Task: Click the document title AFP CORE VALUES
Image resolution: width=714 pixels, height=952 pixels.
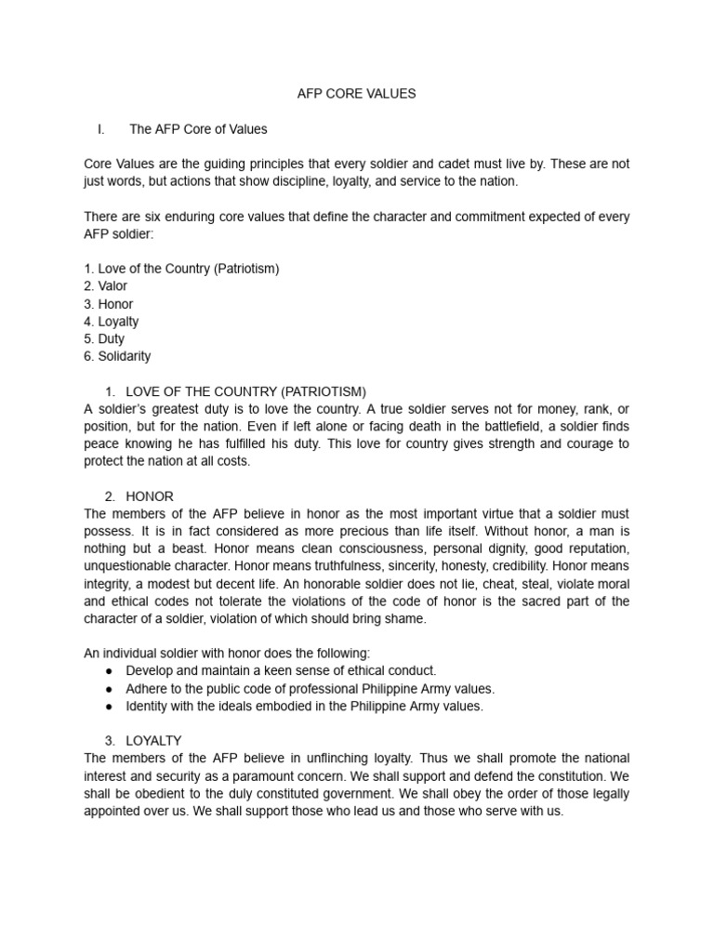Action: [x=357, y=94]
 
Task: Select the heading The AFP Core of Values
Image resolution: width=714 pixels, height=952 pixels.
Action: [x=198, y=129]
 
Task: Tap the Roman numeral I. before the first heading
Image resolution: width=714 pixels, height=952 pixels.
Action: [x=100, y=129]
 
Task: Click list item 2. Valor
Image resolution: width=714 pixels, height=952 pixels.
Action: [x=106, y=286]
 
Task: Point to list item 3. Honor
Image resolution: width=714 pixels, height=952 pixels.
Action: [x=109, y=304]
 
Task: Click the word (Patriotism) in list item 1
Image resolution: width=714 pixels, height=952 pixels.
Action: [x=246, y=269]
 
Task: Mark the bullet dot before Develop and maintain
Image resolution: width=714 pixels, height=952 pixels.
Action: [x=109, y=670]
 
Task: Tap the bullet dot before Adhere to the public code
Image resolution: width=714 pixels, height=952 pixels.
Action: [x=109, y=688]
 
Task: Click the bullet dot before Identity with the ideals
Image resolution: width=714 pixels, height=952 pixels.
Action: [x=109, y=706]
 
